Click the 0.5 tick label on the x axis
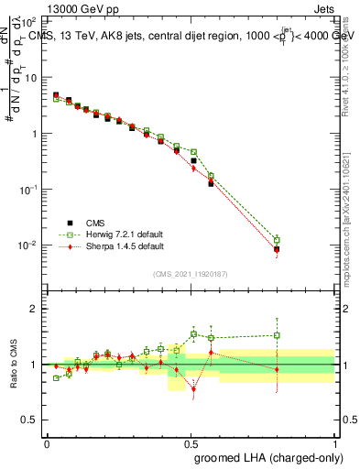point(191,442)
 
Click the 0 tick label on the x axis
point(47,442)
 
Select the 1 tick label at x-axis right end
point(335,442)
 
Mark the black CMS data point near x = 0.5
point(193,160)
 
